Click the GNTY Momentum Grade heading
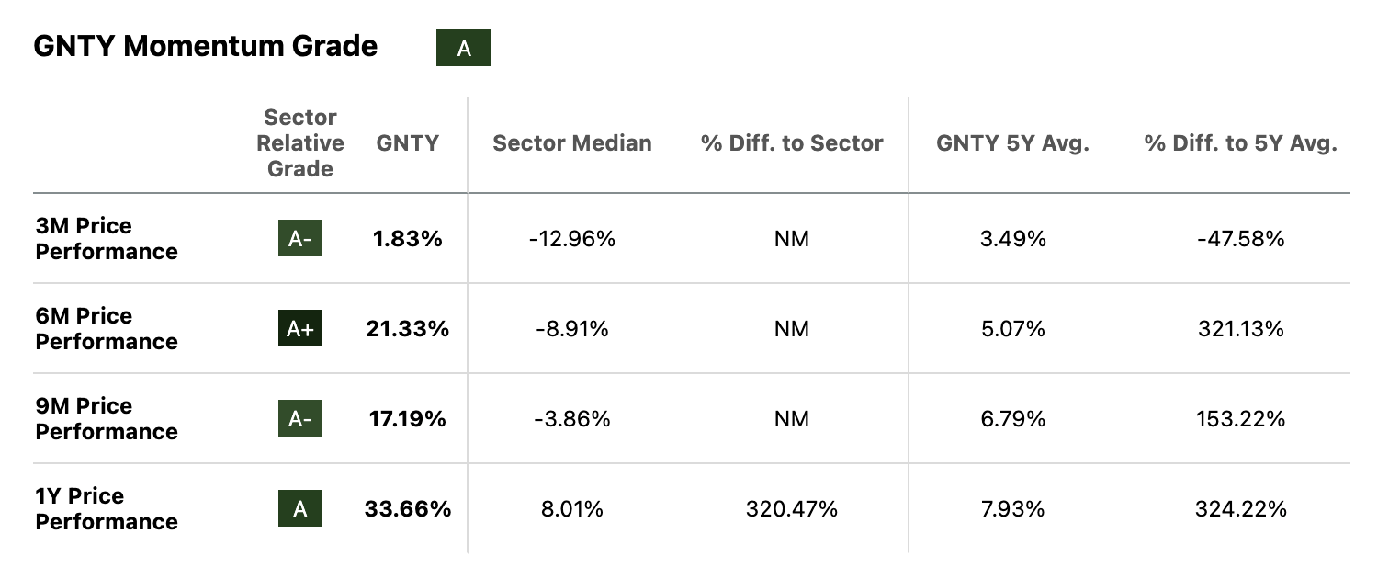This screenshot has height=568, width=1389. pyautogui.click(x=205, y=47)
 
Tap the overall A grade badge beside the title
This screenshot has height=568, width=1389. pyautogui.click(x=463, y=49)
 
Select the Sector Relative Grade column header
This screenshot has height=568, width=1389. pyautogui.click(x=300, y=143)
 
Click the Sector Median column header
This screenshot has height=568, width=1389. pyautogui.click(x=571, y=143)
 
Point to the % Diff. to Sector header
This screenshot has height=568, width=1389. pyautogui.click(x=791, y=143)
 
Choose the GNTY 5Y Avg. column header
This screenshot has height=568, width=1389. pyautogui.click(x=1012, y=143)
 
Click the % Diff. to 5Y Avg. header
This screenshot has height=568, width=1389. pyautogui.click(x=1240, y=143)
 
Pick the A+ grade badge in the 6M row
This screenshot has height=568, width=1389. pyautogui.click(x=300, y=329)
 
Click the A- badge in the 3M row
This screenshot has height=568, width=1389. pyautogui.click(x=300, y=239)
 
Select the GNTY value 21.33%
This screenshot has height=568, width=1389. pyautogui.click(x=407, y=329)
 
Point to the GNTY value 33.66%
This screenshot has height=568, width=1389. pyautogui.click(x=407, y=509)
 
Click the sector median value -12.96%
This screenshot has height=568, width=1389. pyautogui.click(x=571, y=239)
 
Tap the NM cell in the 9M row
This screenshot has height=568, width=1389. pyautogui.click(x=791, y=419)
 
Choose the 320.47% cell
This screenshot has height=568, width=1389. pyautogui.click(x=791, y=509)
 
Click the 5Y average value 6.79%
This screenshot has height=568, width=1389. pyautogui.click(x=1012, y=419)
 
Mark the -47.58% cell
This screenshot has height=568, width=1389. pyautogui.click(x=1239, y=239)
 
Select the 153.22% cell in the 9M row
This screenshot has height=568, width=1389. pyautogui.click(x=1239, y=419)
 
